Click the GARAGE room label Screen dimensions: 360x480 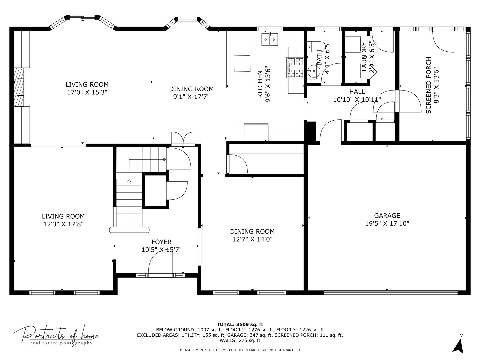(387, 216)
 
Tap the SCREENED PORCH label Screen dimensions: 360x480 (428, 85)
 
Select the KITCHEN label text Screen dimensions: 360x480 (260, 84)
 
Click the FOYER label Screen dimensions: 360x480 (161, 242)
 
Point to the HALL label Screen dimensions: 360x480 (357, 92)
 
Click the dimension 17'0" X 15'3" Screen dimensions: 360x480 (87, 92)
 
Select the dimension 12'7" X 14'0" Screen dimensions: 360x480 (252, 239)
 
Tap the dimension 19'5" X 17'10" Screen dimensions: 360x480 (387, 223)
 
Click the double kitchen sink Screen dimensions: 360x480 (270, 39)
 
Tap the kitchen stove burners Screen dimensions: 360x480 (295, 67)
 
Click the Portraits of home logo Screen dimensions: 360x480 (56, 335)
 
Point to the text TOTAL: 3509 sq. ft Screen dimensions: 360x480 (240, 324)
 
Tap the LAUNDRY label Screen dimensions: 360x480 (364, 57)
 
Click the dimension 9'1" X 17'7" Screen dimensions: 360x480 (191, 97)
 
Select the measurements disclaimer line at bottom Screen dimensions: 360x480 (240, 350)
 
